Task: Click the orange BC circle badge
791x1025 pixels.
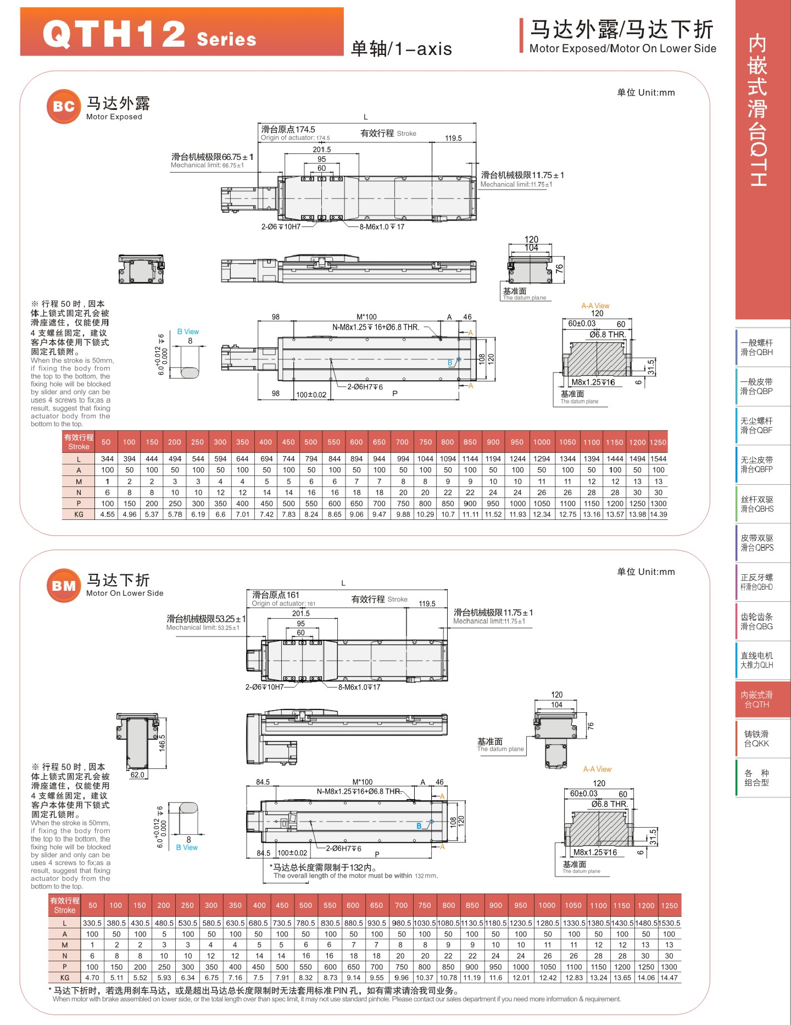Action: point(64,106)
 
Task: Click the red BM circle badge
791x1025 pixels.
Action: point(64,586)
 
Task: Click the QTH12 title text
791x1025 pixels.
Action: point(114,34)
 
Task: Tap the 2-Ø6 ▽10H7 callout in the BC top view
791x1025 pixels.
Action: point(281,226)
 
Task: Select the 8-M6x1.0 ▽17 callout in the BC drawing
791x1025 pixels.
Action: point(382,226)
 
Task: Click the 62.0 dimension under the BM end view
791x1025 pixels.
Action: point(137,775)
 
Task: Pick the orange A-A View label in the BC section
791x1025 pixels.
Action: point(595,306)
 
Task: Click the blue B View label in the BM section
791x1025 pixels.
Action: point(187,847)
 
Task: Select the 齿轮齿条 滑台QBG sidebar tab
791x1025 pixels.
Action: point(756,622)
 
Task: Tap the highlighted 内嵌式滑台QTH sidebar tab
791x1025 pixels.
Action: point(756,700)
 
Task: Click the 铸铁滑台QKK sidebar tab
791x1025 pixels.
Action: point(756,739)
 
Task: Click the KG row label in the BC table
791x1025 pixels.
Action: point(79,514)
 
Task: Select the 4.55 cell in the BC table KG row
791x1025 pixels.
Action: point(107,514)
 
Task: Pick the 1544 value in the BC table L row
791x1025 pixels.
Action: point(658,459)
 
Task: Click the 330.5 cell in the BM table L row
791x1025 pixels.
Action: point(92,923)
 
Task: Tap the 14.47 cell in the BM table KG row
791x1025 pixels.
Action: point(669,978)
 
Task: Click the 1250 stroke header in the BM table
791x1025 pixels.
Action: point(669,905)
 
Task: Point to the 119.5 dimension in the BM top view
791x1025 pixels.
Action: point(427,603)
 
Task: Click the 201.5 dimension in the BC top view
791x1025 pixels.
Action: point(322,149)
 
